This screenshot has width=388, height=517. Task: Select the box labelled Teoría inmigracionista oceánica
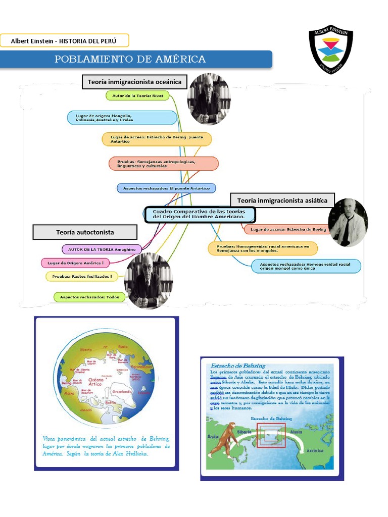(134, 82)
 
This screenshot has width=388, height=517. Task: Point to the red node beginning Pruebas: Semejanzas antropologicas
(164, 164)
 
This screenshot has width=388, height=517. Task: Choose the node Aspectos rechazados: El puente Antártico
(167, 188)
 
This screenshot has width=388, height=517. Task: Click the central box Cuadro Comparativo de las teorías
(200, 214)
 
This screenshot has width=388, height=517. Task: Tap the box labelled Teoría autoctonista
(85, 232)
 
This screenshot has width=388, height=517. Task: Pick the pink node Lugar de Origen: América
(76, 263)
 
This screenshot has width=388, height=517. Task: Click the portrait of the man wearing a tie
(348, 222)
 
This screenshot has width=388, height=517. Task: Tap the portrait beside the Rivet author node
(209, 99)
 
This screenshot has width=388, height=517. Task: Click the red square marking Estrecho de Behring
(271, 435)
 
